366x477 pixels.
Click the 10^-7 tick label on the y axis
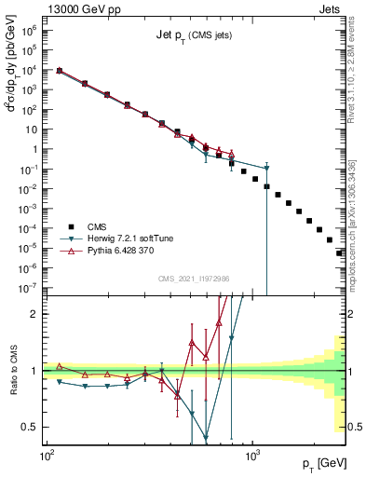32,288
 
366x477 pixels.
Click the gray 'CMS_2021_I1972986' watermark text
194,279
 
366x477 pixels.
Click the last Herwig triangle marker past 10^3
266,168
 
